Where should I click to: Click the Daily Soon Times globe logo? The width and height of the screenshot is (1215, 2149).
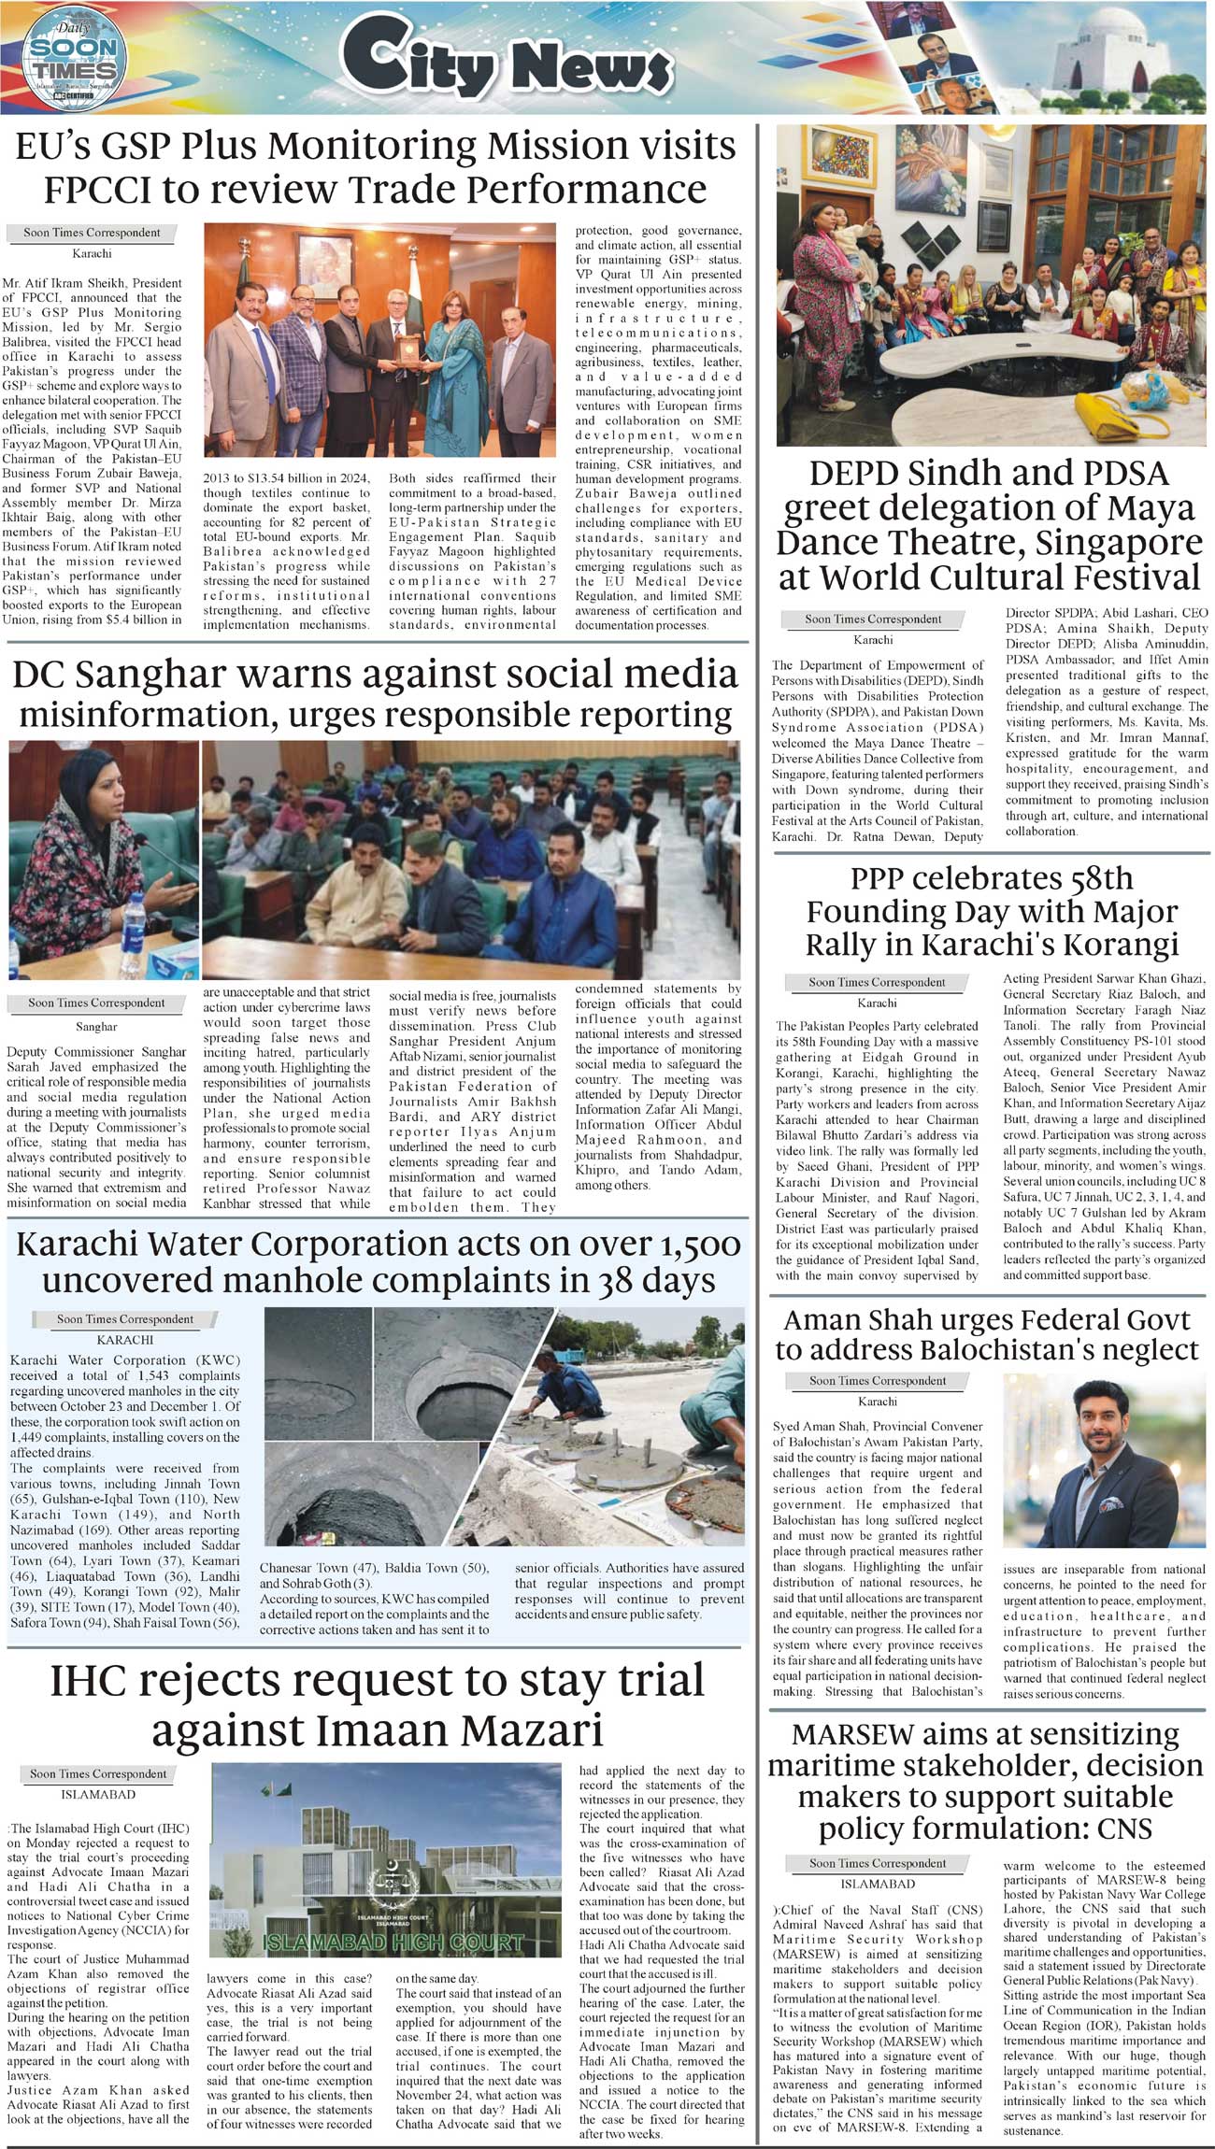point(72,58)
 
